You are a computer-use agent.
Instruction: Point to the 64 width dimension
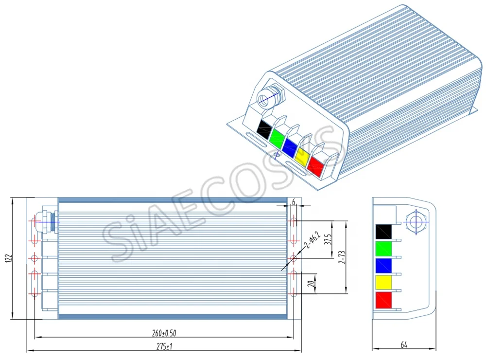click(x=404, y=345)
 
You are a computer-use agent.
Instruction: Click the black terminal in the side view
click(x=384, y=231)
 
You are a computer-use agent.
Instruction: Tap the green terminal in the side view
click(x=384, y=248)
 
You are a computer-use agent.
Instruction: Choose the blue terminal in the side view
click(x=384, y=266)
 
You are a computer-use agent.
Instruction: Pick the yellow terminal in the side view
click(x=384, y=283)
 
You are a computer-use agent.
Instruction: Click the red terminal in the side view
click(x=384, y=300)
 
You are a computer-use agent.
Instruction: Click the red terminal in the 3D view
click(x=316, y=168)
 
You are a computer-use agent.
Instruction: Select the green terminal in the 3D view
click(x=278, y=139)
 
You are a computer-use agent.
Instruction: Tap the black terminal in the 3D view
click(x=264, y=129)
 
